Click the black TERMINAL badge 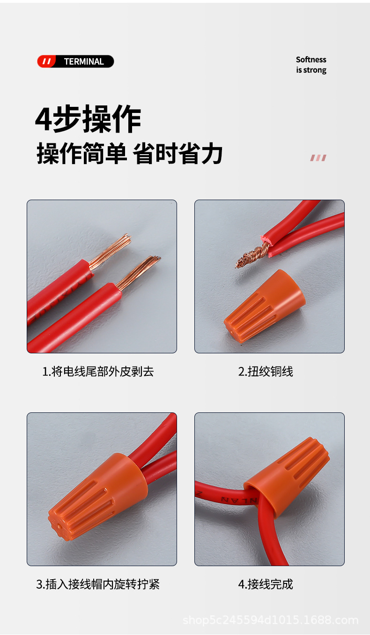[x=83, y=61]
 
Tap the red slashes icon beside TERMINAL [x=46, y=61]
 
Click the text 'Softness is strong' [x=311, y=65]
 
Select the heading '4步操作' [x=88, y=120]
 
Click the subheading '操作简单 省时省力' [x=129, y=154]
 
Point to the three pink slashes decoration [x=318, y=158]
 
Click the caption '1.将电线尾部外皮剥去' [x=98, y=372]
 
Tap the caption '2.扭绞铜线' [x=266, y=372]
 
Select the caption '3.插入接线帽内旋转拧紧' [x=98, y=584]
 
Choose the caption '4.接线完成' [x=266, y=584]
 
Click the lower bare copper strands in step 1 [x=139, y=272]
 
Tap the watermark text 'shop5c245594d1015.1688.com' [x=270, y=620]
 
